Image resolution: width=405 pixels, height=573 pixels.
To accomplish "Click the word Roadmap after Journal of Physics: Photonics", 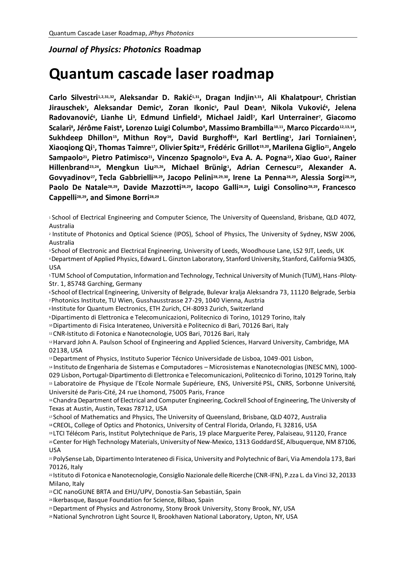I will [183, 50].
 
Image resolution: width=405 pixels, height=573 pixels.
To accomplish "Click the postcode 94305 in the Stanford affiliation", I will [346, 259].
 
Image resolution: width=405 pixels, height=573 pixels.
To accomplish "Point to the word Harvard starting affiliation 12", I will [63, 342].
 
